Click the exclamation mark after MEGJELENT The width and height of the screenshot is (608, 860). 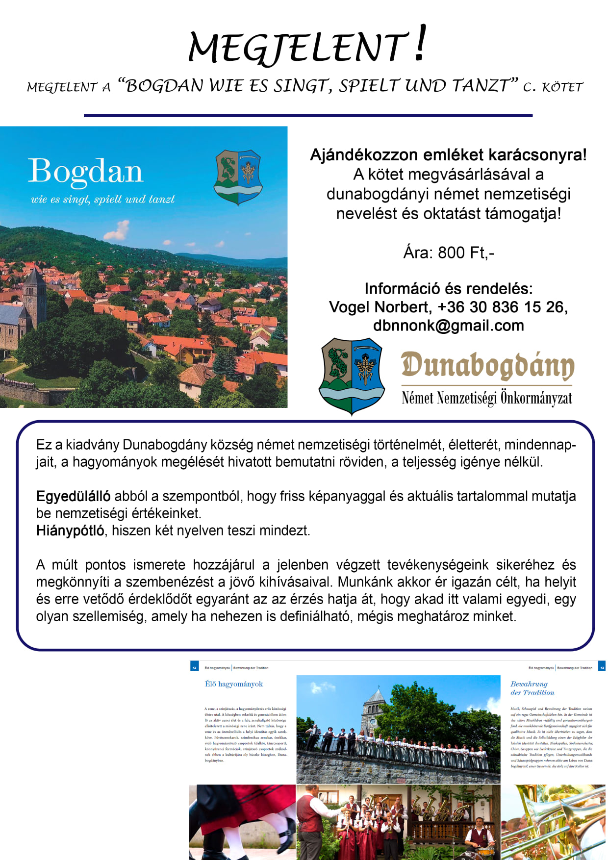point(420,44)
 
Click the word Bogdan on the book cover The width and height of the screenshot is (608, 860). point(85,171)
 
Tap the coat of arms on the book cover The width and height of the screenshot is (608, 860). point(238,177)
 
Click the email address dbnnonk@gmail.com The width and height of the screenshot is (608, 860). point(448,326)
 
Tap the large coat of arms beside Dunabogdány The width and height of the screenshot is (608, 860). point(352,376)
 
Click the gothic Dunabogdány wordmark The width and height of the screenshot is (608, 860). point(487,366)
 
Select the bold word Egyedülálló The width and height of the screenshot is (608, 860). point(73,496)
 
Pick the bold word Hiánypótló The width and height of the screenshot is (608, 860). point(70,531)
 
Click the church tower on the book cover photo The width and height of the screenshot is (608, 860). point(35,292)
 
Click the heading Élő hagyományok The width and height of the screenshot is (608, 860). point(234,684)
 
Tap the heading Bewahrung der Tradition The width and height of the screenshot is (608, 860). point(532,688)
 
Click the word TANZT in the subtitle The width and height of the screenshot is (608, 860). point(483,86)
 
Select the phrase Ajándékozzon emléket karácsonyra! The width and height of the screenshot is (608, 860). point(448,155)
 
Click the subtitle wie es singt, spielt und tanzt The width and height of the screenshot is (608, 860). point(102,199)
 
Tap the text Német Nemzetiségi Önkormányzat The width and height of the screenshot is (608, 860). point(486,398)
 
